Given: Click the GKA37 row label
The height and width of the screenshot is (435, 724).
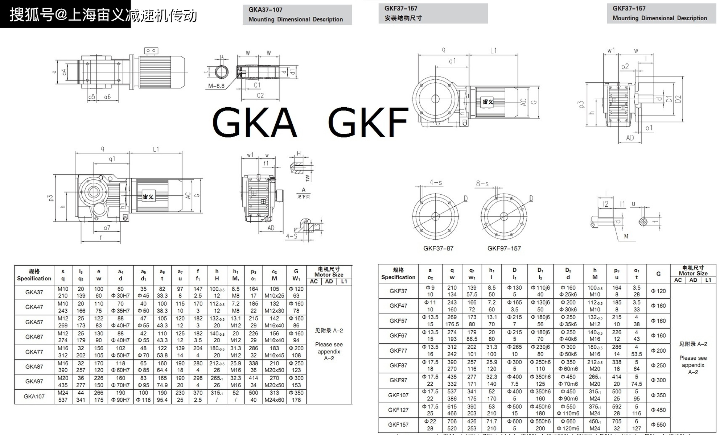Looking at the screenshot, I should pos(34,292).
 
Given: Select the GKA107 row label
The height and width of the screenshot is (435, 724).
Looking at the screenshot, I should pos(34,396).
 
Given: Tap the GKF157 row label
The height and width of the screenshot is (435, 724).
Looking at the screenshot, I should pos(398,424).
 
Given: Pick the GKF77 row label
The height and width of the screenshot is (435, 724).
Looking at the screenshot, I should pos(398,351).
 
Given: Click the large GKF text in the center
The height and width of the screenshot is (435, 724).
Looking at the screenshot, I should pos(368,122).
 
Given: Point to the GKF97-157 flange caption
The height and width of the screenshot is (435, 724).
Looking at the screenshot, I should pos(504,248).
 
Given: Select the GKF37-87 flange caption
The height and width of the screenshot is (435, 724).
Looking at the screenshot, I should pos(438,248).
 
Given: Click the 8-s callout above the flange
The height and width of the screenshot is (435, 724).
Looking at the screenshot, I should pos(482,184).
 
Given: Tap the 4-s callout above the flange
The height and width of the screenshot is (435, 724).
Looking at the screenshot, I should pos(436,182).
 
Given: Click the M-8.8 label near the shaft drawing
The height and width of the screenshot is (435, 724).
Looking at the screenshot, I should pos(216,86).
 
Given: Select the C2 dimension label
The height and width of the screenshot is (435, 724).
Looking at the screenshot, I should pos(260,95).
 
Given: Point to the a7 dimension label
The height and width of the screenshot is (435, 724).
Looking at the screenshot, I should pos(107,228).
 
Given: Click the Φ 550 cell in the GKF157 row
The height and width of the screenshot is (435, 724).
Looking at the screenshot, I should pos(658,424).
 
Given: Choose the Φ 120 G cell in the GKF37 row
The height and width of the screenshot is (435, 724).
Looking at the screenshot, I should pos(658,291).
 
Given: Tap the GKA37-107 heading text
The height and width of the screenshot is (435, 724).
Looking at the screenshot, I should pos(265,10).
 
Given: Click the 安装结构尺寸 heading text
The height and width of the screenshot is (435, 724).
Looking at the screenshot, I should pos(403,18).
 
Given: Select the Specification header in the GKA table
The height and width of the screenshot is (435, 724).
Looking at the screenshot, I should pos(34,278).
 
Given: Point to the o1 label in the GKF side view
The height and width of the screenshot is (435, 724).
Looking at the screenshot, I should pos(649,128).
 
